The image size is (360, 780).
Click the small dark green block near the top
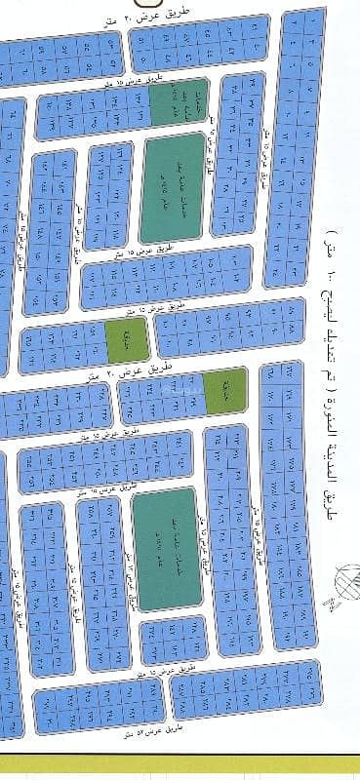[179, 101]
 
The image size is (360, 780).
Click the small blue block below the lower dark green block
[173, 641]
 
